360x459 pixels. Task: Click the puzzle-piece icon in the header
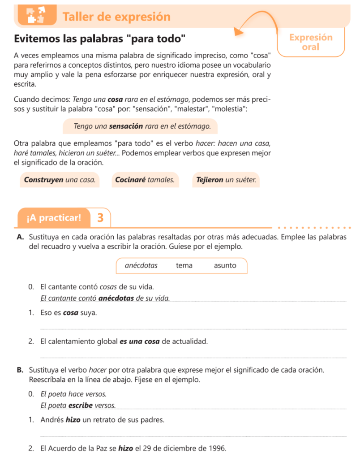(37, 15)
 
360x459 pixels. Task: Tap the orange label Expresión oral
(311, 42)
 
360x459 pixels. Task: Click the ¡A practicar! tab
(54, 218)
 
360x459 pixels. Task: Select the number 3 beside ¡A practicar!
(100, 218)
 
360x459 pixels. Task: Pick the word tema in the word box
(184, 265)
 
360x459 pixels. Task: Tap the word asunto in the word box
(225, 265)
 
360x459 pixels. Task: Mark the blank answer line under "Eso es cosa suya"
(193, 329)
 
